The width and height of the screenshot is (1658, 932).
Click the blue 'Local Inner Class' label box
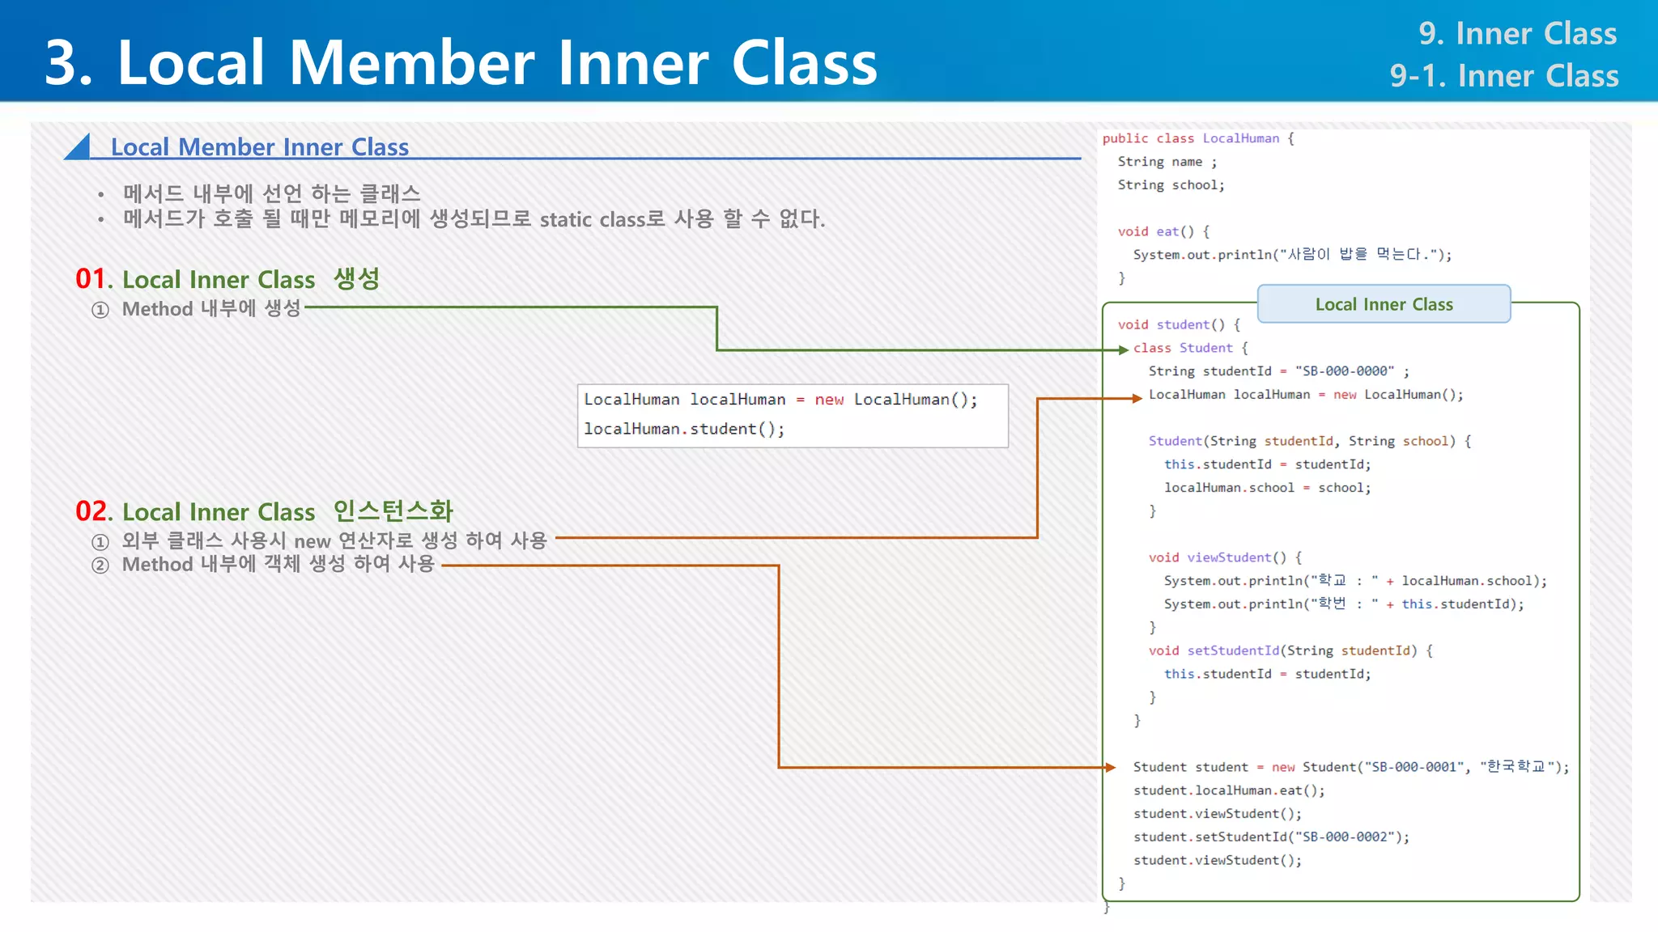(1384, 304)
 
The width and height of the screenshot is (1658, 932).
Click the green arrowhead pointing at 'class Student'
(1123, 349)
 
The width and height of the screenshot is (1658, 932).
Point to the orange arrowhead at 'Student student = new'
(1111, 767)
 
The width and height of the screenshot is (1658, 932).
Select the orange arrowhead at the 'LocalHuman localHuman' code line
(1137, 398)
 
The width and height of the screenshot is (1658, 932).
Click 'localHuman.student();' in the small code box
(684, 429)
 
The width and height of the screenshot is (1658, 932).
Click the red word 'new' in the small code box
(829, 400)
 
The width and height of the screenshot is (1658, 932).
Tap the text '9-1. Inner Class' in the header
(1503, 76)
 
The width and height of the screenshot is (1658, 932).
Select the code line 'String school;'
(1171, 185)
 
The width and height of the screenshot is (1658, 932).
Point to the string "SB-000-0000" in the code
(1345, 371)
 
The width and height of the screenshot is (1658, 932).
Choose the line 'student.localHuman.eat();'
(1228, 790)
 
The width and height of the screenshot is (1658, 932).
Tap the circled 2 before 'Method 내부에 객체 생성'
(100, 565)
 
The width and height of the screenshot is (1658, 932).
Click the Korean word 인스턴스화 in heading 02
(393, 511)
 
